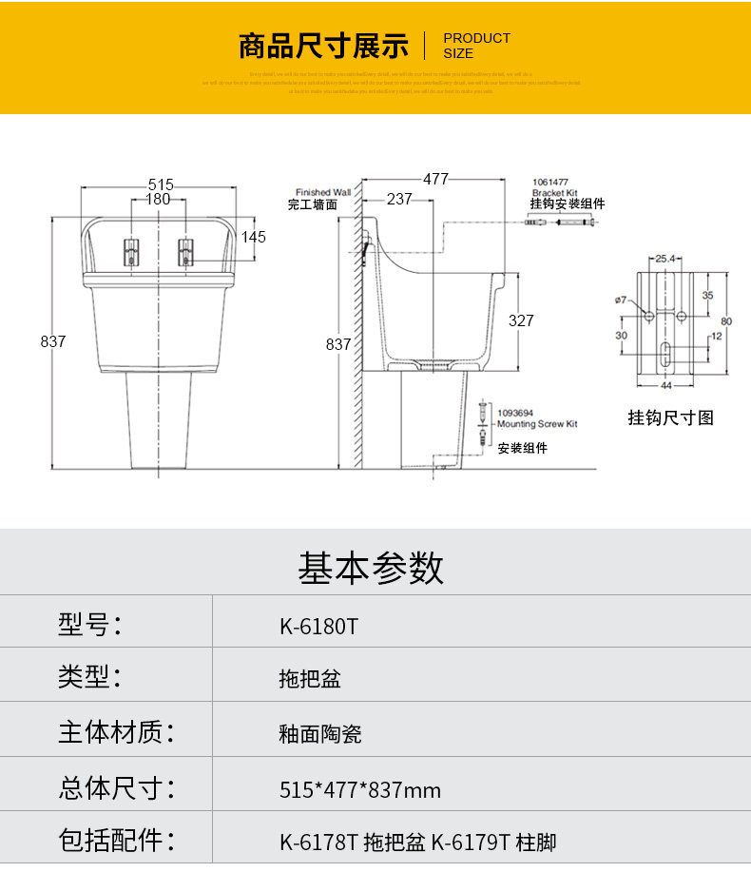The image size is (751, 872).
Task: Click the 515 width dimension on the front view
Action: (x=160, y=184)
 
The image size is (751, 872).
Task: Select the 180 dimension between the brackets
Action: (x=159, y=200)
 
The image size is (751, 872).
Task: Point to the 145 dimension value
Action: (x=254, y=237)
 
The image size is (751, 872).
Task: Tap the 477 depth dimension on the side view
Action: (x=436, y=179)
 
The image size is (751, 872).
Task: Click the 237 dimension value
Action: (x=399, y=200)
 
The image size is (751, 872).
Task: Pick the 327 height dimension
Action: (x=521, y=320)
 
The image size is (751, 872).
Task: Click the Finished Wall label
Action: (x=323, y=192)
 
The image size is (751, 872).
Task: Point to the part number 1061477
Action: (x=550, y=182)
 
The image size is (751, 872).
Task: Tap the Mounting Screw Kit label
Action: (x=538, y=424)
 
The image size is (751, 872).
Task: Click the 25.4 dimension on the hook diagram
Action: (x=664, y=259)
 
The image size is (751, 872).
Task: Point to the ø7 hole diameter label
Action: (x=621, y=300)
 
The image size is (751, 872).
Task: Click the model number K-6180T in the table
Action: (x=318, y=626)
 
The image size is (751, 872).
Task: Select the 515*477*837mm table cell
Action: (x=360, y=789)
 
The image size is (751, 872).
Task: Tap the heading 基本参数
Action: (x=371, y=568)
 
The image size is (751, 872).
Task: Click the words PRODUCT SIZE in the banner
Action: (x=477, y=46)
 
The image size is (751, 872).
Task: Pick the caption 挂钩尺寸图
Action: (x=671, y=417)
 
